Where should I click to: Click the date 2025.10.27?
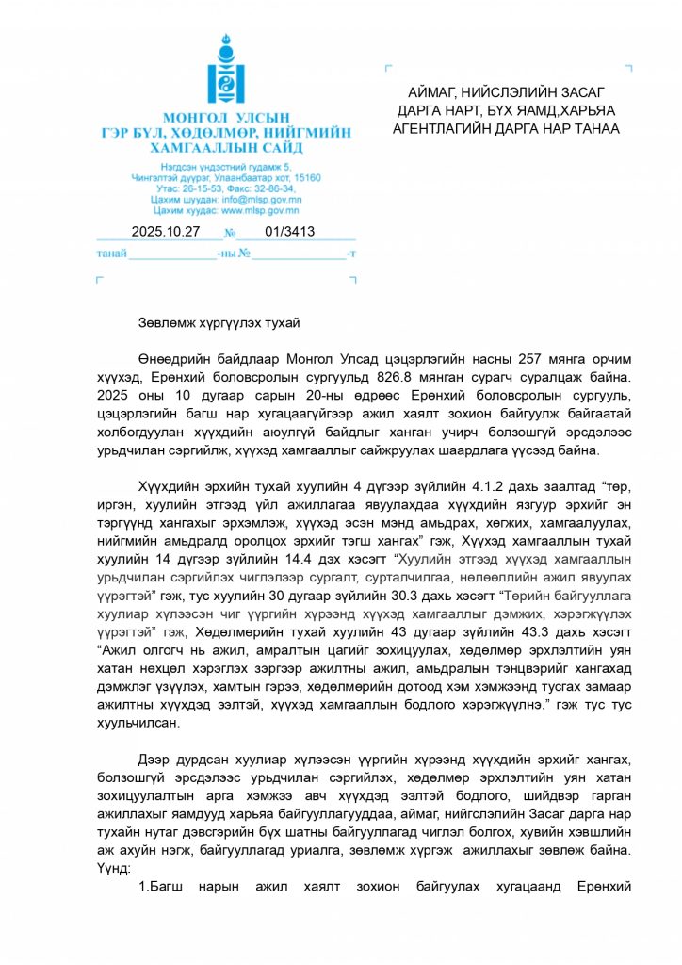167,232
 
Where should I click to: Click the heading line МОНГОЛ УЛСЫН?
226,120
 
